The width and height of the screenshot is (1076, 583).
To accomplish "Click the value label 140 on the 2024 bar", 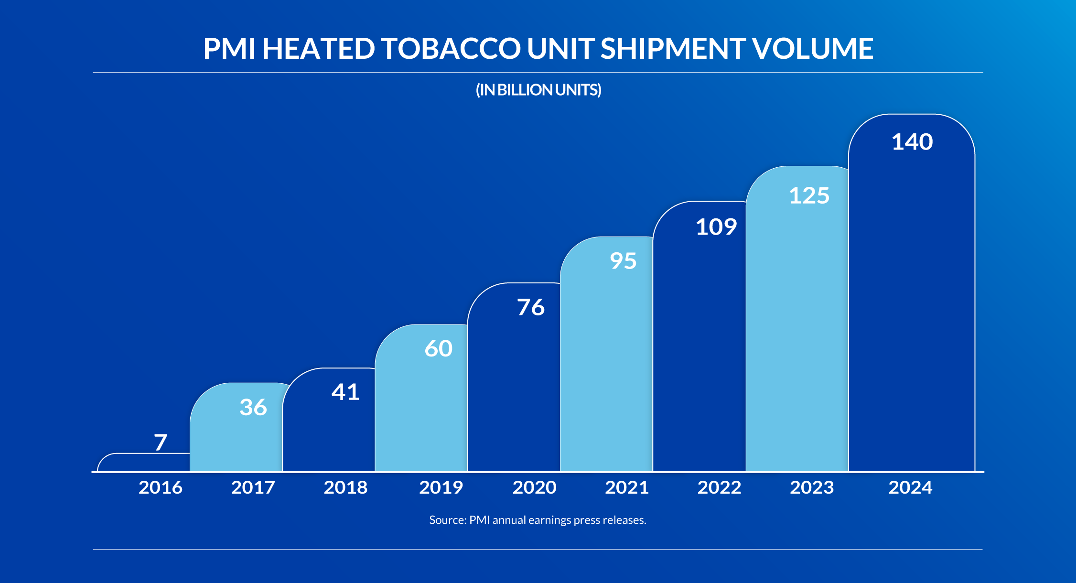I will click(912, 142).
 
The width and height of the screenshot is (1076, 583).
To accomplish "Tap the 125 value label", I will click(809, 195).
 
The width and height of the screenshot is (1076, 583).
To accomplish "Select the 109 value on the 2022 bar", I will click(716, 227).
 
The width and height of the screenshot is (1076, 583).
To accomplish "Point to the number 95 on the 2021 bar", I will click(623, 261).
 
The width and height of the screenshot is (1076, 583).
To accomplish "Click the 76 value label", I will click(530, 307).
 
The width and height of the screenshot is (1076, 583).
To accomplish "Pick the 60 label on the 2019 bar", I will click(438, 348).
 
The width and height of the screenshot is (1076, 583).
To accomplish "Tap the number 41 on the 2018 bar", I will click(345, 392).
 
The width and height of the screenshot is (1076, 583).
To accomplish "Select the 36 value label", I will click(253, 407).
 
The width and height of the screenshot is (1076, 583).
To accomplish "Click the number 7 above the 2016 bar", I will click(161, 443).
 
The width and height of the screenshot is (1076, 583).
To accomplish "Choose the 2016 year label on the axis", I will click(161, 487).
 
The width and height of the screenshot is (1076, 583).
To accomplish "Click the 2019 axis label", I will click(441, 487).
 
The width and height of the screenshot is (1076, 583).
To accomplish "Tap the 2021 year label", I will click(627, 487).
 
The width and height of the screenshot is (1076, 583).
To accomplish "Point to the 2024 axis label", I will click(910, 487).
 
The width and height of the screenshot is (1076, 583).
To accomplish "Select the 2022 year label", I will click(719, 487).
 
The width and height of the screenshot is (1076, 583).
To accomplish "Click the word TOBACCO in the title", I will click(451, 49).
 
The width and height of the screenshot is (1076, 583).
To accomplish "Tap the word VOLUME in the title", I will click(812, 49).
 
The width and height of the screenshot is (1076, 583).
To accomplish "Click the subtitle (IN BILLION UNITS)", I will click(538, 90).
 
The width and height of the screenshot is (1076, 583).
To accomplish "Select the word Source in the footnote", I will click(447, 520).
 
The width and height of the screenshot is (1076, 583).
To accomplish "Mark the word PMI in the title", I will click(229, 49).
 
